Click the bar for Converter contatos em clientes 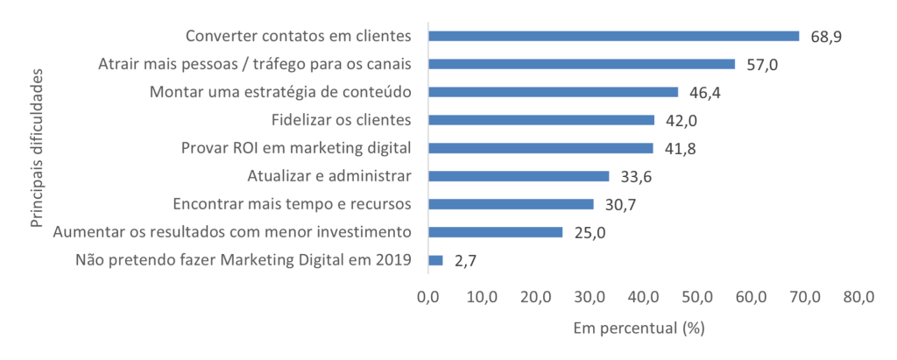[613, 36]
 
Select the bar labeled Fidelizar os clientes [540, 120]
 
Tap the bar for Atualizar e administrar [518, 176]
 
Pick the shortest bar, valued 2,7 [435, 260]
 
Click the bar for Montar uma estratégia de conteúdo [553, 92]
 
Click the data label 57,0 [761, 65]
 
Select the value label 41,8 [679, 149]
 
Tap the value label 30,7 [619, 205]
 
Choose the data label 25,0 [589, 233]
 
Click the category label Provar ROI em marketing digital [296, 148]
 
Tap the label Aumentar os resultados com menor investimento [232, 232]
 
